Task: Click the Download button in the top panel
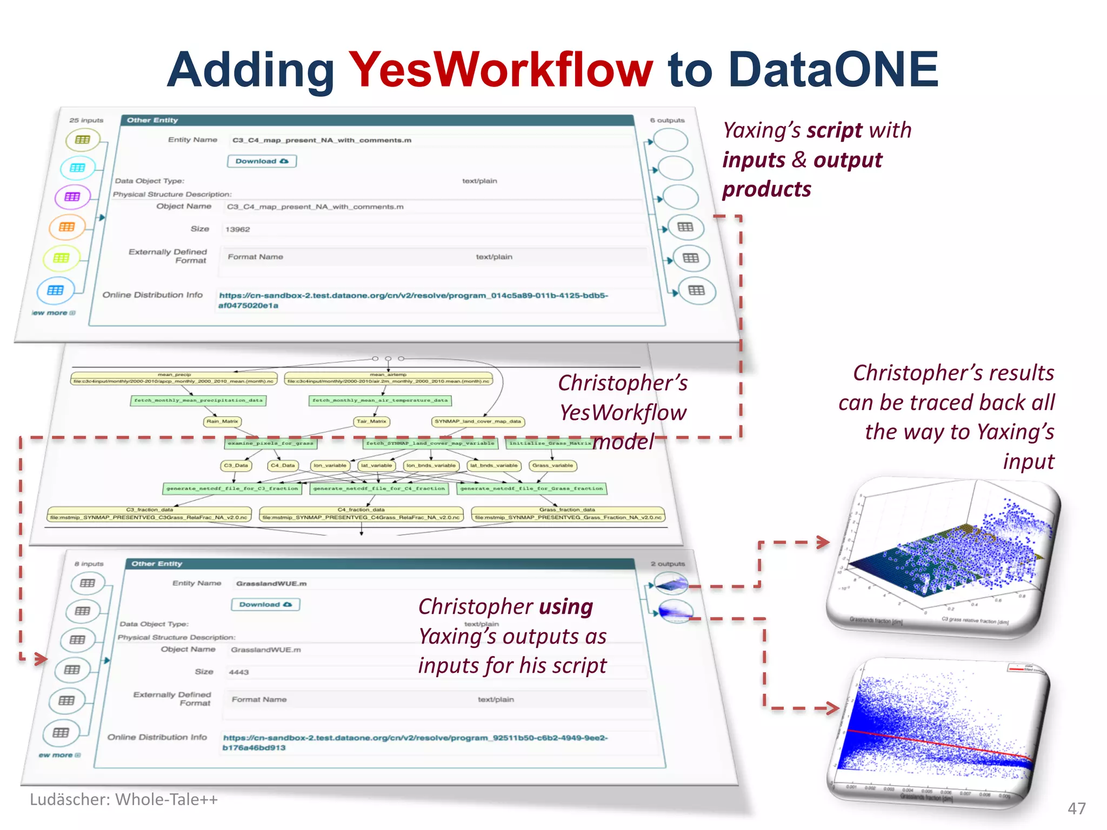(x=262, y=161)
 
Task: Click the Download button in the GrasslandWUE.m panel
(x=265, y=604)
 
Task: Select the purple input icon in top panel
(x=72, y=197)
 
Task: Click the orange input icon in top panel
(x=67, y=227)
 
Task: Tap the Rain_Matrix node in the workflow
(x=222, y=421)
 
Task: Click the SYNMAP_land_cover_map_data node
(x=478, y=421)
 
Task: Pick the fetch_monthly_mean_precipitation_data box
(x=198, y=400)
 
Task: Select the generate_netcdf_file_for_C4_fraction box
(x=379, y=488)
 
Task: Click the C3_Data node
(x=236, y=465)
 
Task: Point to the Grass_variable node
(x=552, y=465)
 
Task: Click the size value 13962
(x=238, y=230)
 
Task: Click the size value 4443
(x=238, y=672)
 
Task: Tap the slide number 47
(x=1076, y=808)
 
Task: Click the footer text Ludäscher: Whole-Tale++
(x=124, y=800)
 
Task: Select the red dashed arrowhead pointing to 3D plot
(x=823, y=542)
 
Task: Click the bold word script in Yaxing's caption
(x=835, y=131)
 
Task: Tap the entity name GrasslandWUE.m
(x=271, y=584)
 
